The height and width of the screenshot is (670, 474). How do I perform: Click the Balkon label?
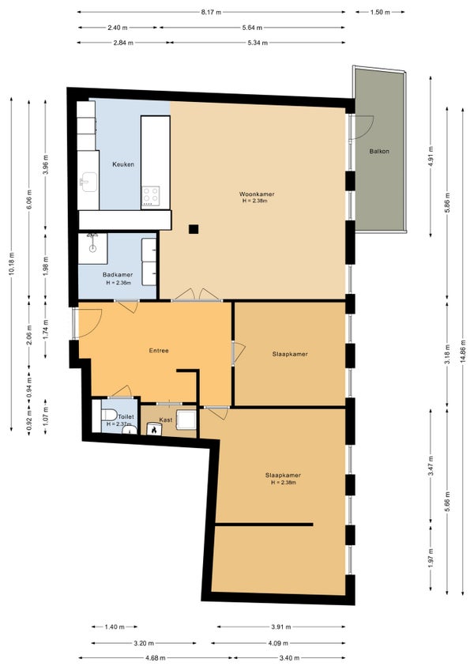point(379,151)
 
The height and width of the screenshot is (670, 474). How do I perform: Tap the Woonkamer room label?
point(257,194)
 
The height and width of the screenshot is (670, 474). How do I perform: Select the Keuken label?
point(123,164)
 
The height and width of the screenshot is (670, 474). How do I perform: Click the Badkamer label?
point(118,275)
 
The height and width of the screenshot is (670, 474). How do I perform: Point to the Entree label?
point(159,350)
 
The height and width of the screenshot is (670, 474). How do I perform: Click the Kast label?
point(165,420)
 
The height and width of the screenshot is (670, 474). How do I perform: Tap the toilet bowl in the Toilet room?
point(109,415)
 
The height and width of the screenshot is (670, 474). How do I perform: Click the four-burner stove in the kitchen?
point(151,197)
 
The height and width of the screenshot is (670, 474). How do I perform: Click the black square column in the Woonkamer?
point(194,229)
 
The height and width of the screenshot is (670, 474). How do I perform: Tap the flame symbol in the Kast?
point(153,430)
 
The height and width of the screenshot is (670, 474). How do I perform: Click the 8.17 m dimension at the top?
point(211,12)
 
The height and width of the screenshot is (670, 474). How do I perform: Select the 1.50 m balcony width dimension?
point(380,12)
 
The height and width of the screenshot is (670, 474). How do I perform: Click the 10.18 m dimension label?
point(12,265)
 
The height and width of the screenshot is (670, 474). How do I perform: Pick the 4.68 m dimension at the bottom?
point(155,658)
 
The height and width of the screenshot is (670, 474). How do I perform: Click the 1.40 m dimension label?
point(115,627)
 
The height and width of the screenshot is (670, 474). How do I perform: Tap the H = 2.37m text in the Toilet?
point(118,423)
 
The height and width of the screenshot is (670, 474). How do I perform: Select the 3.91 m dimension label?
point(280,627)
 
